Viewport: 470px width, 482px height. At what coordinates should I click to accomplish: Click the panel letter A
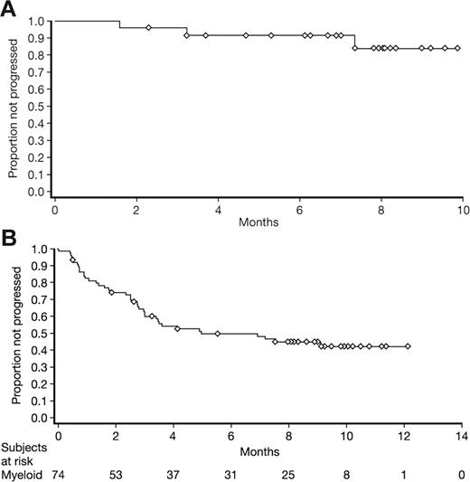(9, 9)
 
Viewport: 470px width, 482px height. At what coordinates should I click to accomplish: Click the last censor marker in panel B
(408, 346)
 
